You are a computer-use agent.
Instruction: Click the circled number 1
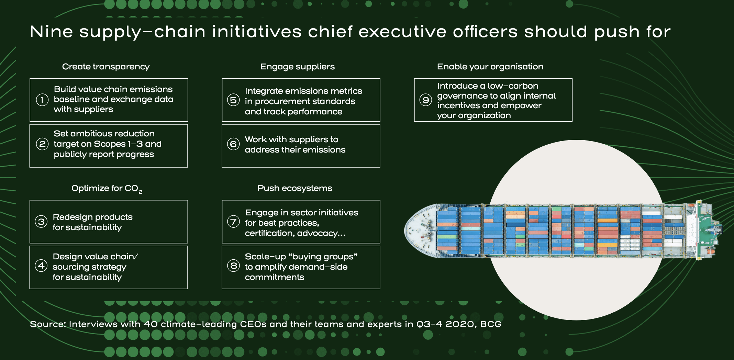pos(42,100)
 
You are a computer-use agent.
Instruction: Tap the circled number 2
pos(42,144)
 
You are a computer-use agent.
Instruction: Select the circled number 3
pos(41,222)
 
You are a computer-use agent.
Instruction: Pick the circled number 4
pos(41,266)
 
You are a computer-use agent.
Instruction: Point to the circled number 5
pos(233,100)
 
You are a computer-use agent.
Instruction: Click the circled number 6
pos(233,144)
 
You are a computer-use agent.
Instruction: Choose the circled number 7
pos(233,222)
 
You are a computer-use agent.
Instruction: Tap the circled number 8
pos(233,266)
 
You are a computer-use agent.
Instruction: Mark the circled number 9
pos(425,100)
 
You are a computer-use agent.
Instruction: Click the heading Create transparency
pos(106,67)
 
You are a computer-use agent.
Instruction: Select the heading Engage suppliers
pos(298,67)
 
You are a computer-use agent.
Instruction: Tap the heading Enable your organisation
pos(490,67)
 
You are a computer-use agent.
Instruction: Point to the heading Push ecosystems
pos(295,188)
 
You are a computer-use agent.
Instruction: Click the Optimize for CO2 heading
pos(107,189)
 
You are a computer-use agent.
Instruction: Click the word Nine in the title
pos(52,32)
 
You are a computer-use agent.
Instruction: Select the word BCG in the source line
pos(491,324)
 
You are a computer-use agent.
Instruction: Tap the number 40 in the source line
pos(151,324)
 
